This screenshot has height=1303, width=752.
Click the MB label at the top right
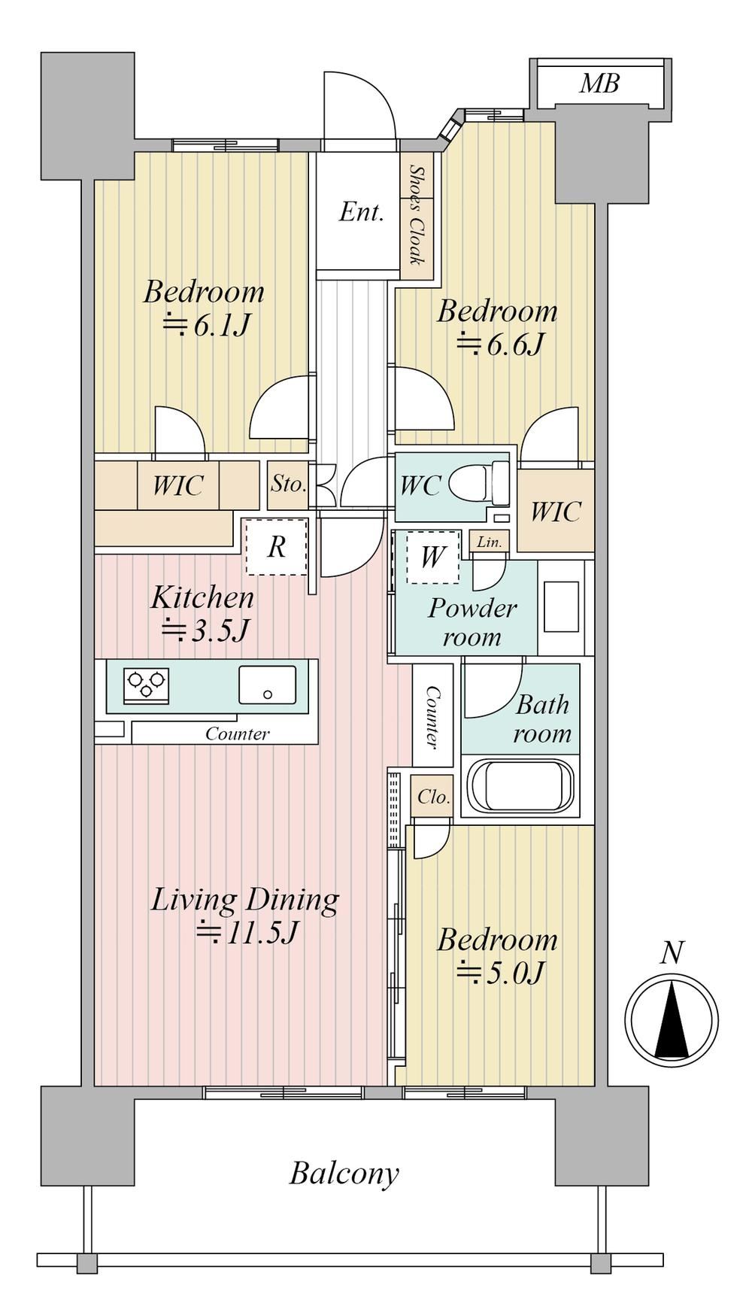click(x=599, y=84)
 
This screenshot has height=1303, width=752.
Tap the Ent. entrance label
click(x=362, y=212)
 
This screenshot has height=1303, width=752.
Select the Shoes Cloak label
click(x=416, y=215)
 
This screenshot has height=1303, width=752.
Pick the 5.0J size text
click(x=499, y=973)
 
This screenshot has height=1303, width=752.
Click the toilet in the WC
click(x=480, y=484)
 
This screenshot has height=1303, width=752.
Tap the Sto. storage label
click(x=289, y=484)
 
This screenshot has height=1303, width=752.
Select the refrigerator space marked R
click(x=277, y=547)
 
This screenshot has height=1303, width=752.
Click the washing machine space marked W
click(x=432, y=557)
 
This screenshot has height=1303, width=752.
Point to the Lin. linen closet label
click(x=489, y=542)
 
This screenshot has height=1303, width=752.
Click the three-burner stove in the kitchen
click(x=147, y=685)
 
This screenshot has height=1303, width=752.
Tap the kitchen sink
click(x=267, y=685)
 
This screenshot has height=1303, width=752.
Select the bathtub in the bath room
click(x=520, y=785)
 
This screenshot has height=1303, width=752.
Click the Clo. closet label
click(x=433, y=796)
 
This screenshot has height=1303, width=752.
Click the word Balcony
click(x=344, y=1174)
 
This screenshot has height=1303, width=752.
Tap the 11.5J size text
click(x=247, y=933)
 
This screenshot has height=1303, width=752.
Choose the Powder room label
click(x=472, y=622)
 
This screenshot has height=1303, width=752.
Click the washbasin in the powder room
click(x=562, y=606)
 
